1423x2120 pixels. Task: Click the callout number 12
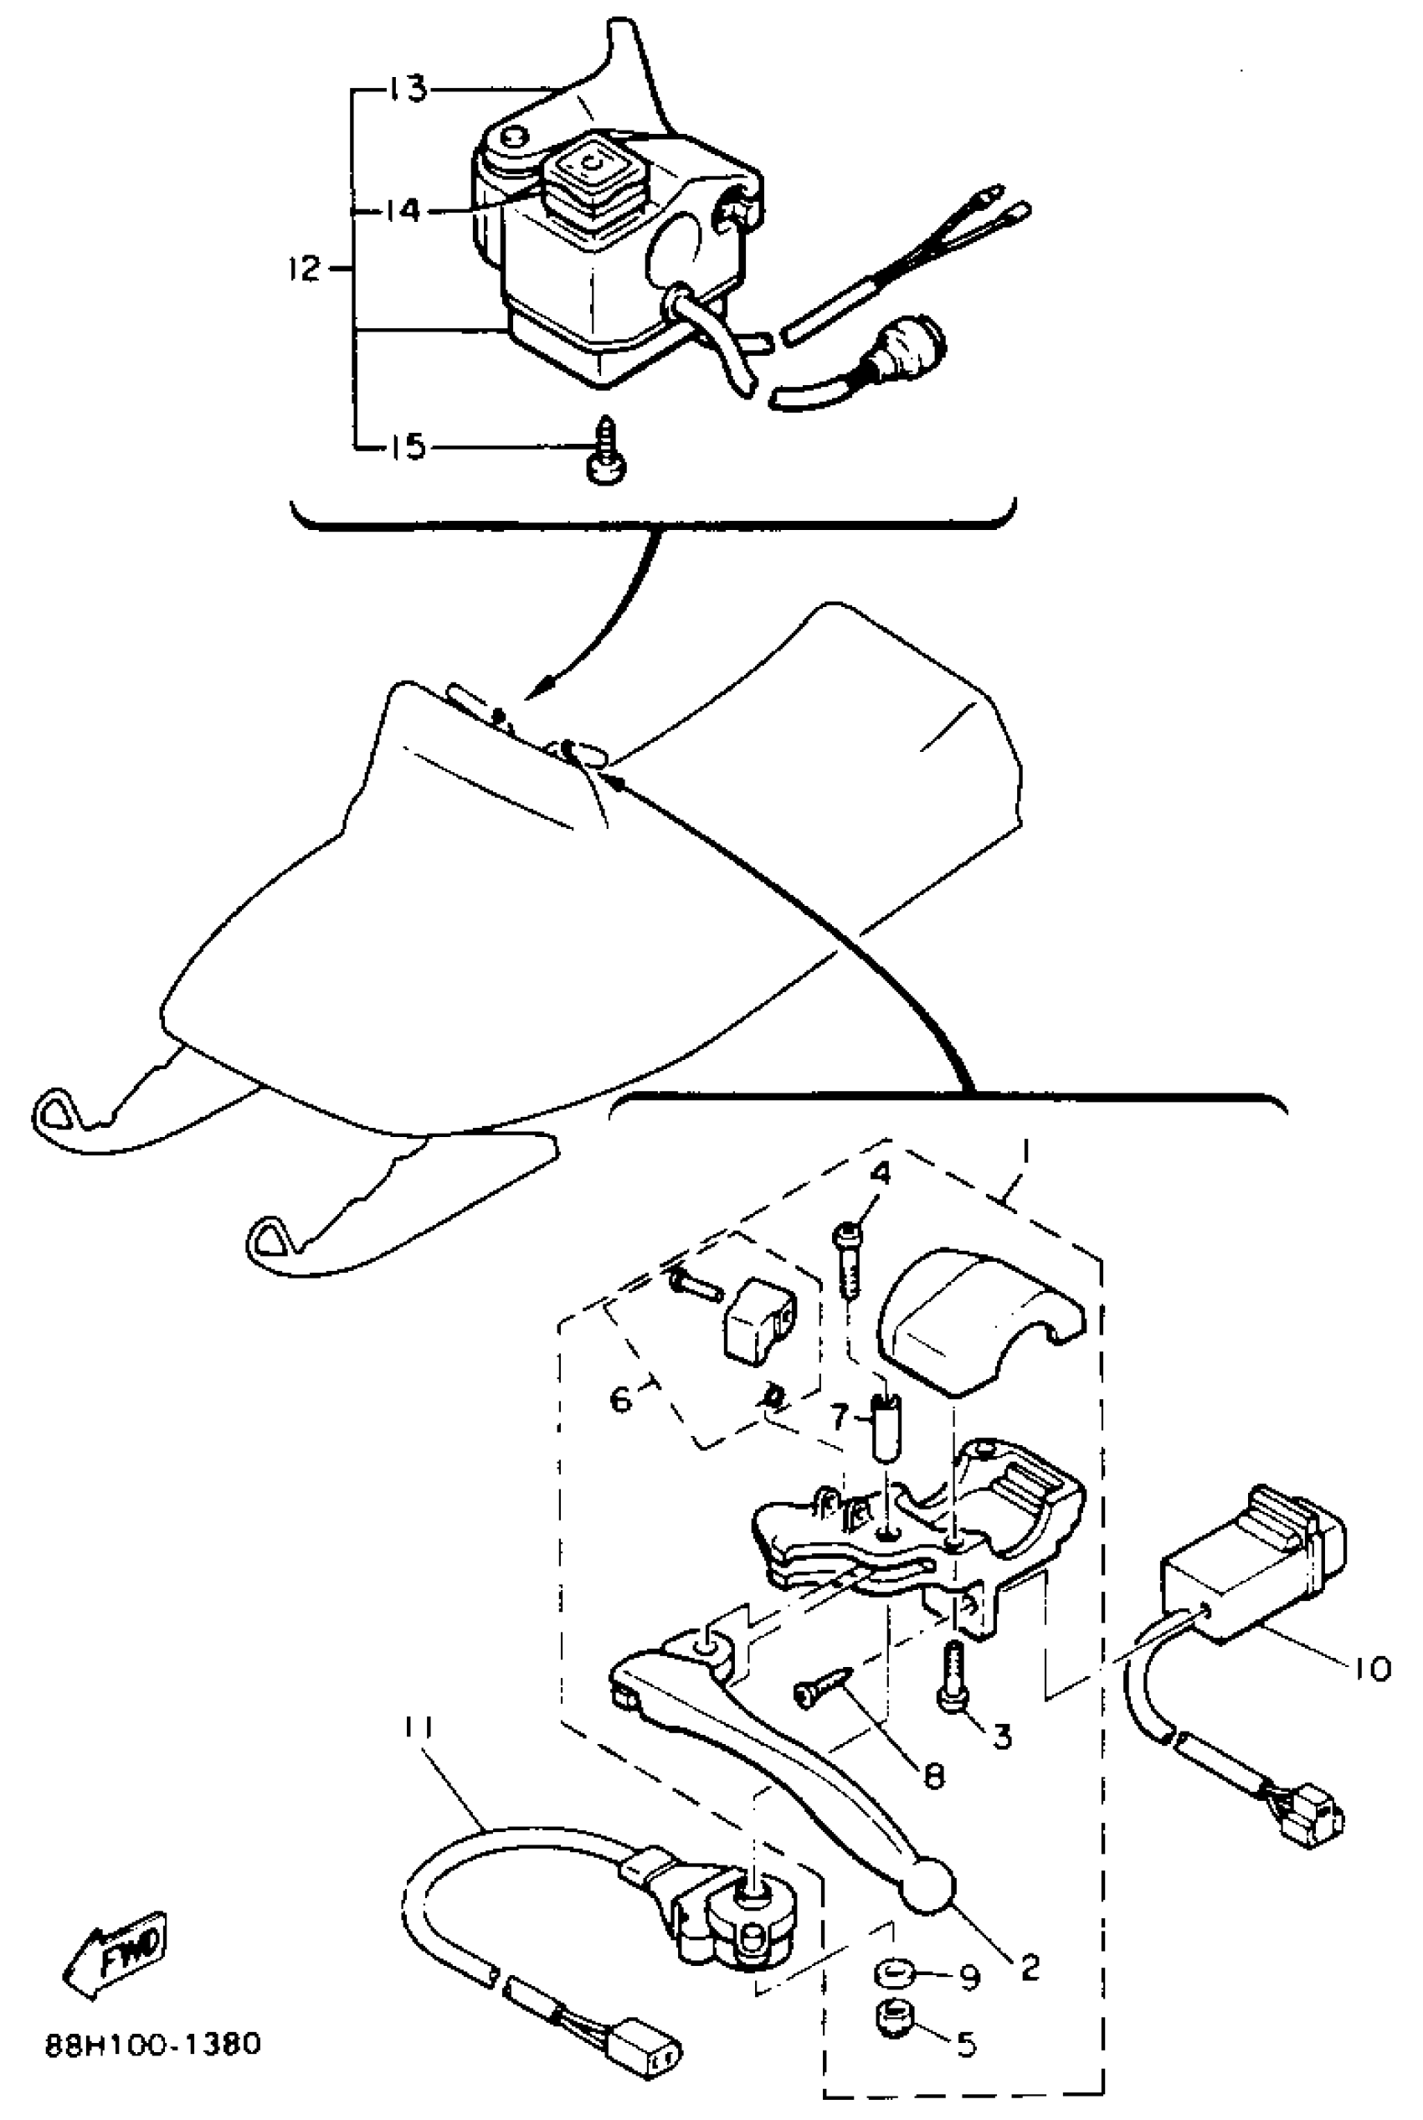pyautogui.click(x=305, y=269)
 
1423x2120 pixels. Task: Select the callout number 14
pyautogui.click(x=402, y=212)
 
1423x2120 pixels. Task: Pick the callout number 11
pyautogui.click(x=421, y=1726)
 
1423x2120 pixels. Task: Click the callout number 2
pyautogui.click(x=1029, y=1967)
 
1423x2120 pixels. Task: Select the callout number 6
pyautogui.click(x=621, y=1398)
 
